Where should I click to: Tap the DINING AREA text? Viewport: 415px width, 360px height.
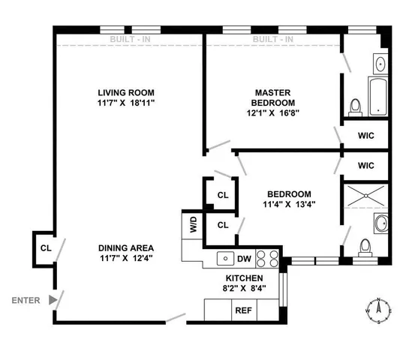(125, 248)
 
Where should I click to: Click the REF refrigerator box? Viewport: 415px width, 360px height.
(243, 310)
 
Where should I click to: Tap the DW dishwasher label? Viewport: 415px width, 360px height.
(243, 259)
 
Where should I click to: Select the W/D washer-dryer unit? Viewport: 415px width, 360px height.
(192, 227)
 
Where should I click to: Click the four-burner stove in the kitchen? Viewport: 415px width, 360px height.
(266, 259)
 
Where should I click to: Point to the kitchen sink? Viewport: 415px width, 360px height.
(223, 259)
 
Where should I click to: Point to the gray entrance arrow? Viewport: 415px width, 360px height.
(51, 300)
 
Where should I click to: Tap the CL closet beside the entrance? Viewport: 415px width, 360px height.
(45, 247)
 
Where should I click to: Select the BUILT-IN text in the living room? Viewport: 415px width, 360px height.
(128, 39)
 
